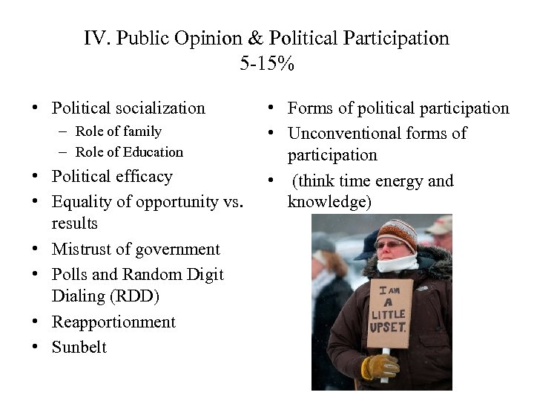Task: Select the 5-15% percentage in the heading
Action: pos(267,63)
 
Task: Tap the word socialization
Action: pos(159,108)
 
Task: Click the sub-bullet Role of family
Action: pos(118,131)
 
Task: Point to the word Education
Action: pos(153,152)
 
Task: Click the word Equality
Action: pos(82,202)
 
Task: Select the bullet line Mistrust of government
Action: pos(136,250)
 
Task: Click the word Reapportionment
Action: pos(113,322)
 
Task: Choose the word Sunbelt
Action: pos(79,347)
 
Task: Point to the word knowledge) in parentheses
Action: pos(329,202)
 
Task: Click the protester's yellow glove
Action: pos(378,366)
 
